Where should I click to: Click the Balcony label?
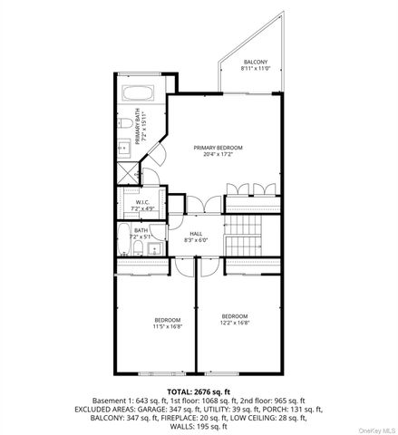[x=256, y=62]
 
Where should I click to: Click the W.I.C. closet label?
[x=143, y=203]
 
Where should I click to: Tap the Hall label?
[x=196, y=234]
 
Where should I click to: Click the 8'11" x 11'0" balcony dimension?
[x=256, y=69]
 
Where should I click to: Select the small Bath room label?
[x=141, y=230]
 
